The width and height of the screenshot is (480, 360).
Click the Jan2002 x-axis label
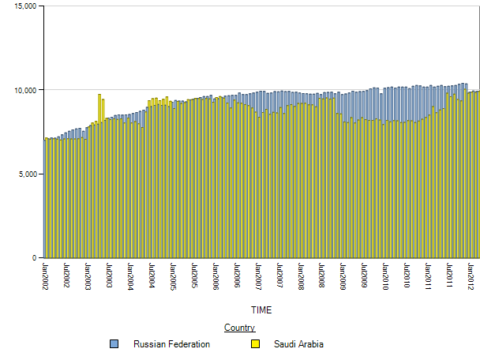tap(45, 273)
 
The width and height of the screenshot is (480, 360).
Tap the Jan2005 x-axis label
tap(173, 273)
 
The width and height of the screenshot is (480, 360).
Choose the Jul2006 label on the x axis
tap(237, 273)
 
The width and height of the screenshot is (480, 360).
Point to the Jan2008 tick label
tap(301, 273)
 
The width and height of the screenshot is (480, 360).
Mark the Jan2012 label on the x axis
tap(471, 273)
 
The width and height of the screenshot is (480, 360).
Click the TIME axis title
tap(261, 309)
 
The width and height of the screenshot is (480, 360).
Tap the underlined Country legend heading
tap(239, 328)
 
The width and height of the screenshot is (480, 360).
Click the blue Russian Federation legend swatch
tap(114, 344)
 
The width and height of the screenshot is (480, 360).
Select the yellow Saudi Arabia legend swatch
tap(255, 344)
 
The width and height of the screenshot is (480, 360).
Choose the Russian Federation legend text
tap(171, 344)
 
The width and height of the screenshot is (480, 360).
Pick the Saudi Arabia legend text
tap(298, 344)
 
